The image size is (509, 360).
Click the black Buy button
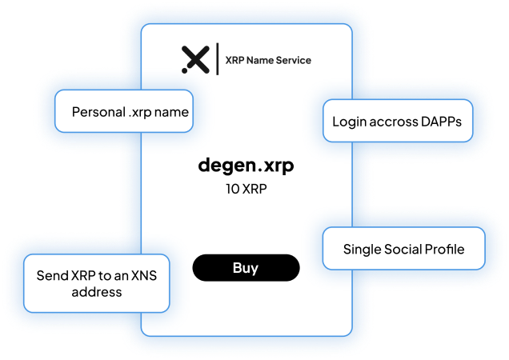pyautogui.click(x=246, y=268)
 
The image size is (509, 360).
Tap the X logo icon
pyautogui.click(x=195, y=60)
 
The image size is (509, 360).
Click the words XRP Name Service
pyautogui.click(x=269, y=60)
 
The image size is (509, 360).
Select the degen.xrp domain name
pyautogui.click(x=246, y=166)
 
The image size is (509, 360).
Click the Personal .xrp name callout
pyautogui.click(x=125, y=112)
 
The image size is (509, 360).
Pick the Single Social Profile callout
pyautogui.click(x=403, y=249)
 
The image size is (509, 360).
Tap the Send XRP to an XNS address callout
pyautogui.click(x=96, y=284)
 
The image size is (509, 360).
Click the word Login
pyautogui.click(x=348, y=122)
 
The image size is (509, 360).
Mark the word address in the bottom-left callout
pyautogui.click(x=96, y=293)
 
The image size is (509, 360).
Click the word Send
pyautogui.click(x=51, y=276)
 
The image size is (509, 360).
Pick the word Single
pyautogui.click(x=363, y=249)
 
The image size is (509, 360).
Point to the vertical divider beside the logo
pyautogui.click(x=218, y=60)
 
